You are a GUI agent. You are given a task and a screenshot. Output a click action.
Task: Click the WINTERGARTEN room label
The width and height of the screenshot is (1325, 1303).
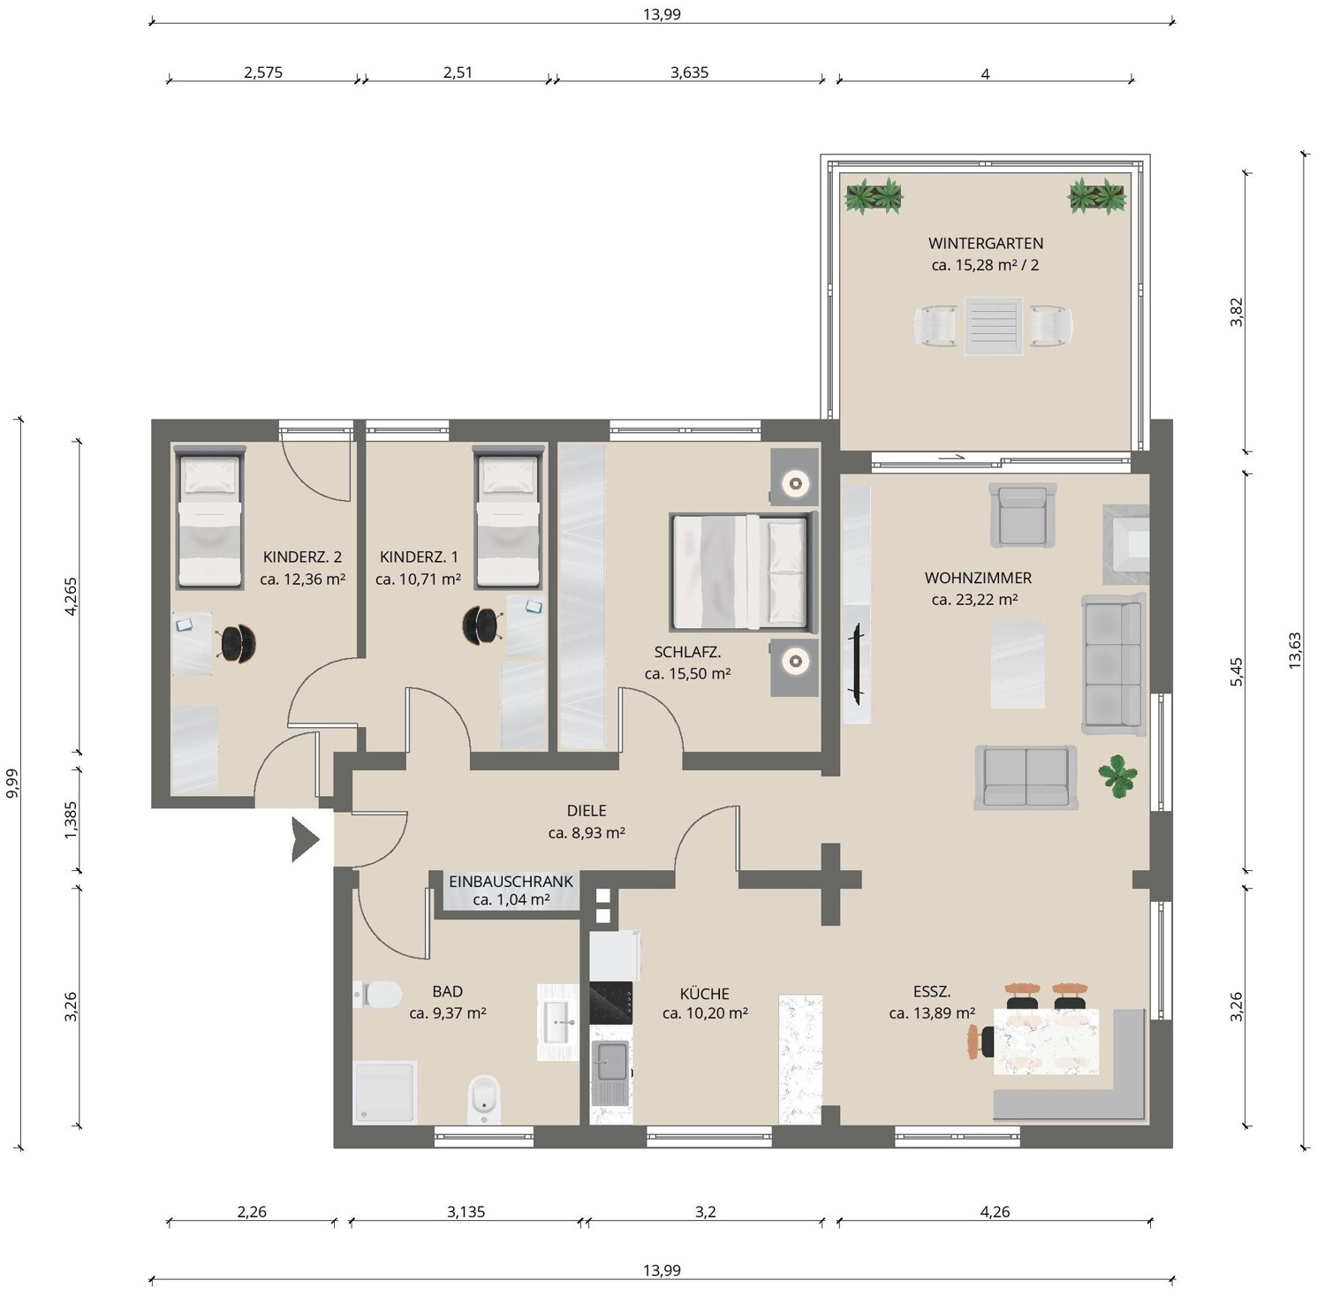coord(985,243)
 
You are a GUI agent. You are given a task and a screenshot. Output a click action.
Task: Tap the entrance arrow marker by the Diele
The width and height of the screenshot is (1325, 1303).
coord(305,839)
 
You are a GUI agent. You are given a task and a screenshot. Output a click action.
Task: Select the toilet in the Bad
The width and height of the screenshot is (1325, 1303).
coord(378,995)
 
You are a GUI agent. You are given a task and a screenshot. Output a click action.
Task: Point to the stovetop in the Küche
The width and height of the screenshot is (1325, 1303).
coord(610,1003)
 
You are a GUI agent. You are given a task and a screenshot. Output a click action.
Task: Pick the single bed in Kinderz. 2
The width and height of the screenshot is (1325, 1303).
coord(209,518)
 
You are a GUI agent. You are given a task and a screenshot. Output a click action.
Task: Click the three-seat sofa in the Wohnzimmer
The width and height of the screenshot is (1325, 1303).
coord(1114,663)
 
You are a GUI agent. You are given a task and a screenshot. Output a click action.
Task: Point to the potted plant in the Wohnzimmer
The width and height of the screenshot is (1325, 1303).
coord(1117,776)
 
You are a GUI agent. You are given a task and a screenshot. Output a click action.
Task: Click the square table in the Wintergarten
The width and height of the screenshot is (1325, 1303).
coord(993,326)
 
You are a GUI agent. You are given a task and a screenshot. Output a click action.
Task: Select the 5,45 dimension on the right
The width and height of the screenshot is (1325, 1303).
coord(1237,671)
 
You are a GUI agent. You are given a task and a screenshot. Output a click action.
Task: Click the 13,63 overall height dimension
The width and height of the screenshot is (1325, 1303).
coord(1294,650)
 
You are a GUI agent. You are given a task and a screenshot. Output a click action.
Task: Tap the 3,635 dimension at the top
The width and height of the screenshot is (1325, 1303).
coord(689,72)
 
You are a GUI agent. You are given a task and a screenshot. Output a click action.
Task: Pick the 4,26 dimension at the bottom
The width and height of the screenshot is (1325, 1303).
coord(995,1212)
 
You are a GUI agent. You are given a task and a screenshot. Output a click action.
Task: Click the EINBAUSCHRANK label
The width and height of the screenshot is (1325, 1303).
coord(511,882)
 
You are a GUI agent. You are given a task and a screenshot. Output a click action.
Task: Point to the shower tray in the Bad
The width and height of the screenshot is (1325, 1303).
coord(385,1093)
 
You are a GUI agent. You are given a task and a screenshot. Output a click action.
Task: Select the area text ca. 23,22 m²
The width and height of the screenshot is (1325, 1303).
coord(974,600)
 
